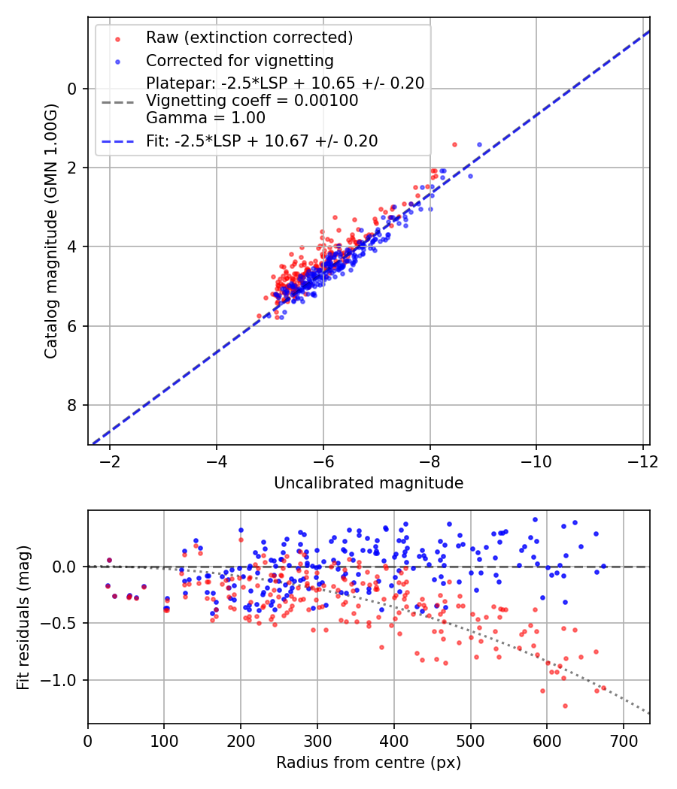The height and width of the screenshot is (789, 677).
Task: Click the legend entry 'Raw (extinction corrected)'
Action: coord(249,37)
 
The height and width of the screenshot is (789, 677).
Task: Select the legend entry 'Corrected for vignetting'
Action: coord(239,60)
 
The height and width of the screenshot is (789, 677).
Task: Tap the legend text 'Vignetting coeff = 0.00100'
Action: coord(252,101)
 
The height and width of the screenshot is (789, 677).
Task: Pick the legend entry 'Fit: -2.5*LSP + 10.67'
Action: coord(262,141)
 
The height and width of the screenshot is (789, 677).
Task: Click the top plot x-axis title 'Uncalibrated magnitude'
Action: coord(369,483)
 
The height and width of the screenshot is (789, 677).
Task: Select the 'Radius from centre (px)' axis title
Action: coord(369,763)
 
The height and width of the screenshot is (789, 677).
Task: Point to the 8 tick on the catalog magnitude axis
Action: coord(73,406)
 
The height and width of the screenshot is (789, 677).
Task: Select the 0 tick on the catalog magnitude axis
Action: coord(73,89)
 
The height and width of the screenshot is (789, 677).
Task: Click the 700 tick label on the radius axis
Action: coord(623,739)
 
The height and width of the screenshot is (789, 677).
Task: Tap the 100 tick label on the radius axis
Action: coord(164,739)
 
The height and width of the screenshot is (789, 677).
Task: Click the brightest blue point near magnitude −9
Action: coord(479,144)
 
